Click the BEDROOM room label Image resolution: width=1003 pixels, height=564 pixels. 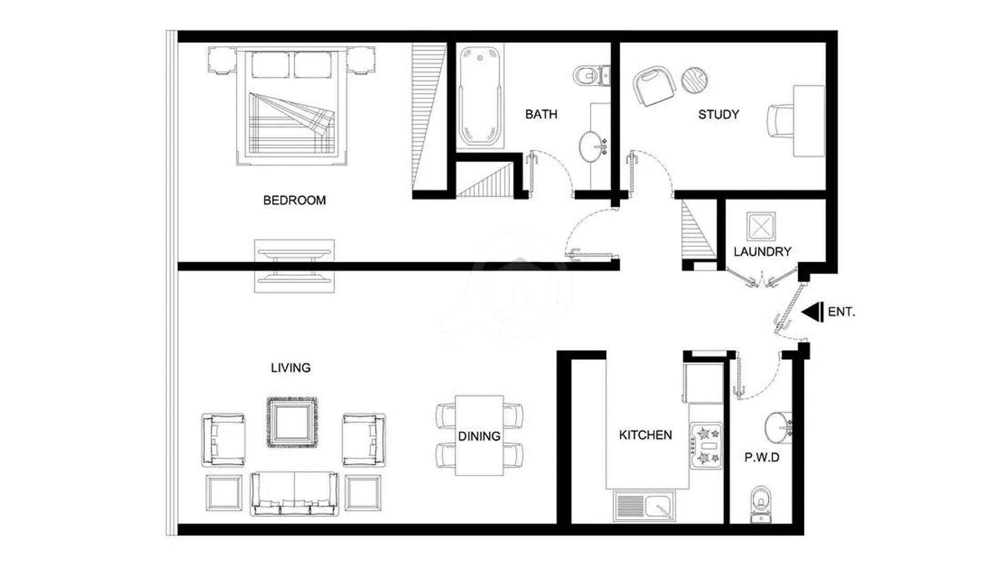click(x=294, y=201)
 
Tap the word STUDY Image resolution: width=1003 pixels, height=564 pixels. click(x=718, y=115)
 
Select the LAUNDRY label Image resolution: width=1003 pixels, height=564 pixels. click(x=762, y=252)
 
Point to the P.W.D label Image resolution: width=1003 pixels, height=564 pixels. click(x=762, y=457)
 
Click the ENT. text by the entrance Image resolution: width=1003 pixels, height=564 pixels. click(x=841, y=312)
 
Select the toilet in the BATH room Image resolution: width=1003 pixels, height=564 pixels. click(x=591, y=76)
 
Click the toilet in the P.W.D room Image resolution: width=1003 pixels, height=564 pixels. click(x=761, y=504)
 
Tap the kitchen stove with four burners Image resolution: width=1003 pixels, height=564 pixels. click(x=706, y=445)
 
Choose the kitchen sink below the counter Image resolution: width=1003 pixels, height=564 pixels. click(x=644, y=506)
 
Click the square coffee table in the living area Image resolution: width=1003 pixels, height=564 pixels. click(x=291, y=422)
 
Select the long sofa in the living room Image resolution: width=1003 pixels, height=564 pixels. click(x=294, y=494)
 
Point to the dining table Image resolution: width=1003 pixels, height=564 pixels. click(x=479, y=436)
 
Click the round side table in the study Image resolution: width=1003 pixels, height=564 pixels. click(x=695, y=80)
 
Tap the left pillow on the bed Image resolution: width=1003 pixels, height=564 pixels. click(x=270, y=65)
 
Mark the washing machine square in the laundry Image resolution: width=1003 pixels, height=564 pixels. click(x=761, y=227)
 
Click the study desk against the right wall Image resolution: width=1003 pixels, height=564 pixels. click(x=809, y=121)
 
